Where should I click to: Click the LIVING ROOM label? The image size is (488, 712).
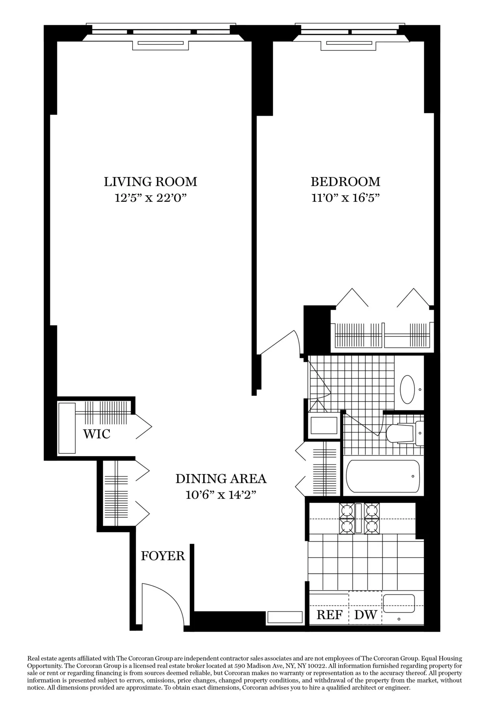click(150, 181)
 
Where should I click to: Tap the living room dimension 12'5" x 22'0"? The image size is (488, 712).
click(150, 198)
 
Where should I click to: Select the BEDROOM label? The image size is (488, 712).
click(345, 181)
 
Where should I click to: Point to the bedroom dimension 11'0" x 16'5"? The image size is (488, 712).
click(345, 198)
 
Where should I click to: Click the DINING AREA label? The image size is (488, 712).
click(221, 478)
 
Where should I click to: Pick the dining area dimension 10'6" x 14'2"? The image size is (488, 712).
click(221, 495)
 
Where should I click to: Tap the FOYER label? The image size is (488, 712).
click(163, 556)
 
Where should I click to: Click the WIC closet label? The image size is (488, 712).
click(97, 434)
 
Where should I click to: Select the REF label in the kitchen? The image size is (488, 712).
click(329, 615)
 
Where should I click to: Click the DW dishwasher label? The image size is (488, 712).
click(366, 615)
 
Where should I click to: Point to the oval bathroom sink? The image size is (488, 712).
click(407, 389)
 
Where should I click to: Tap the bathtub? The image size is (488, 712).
click(383, 476)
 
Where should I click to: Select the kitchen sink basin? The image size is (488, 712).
click(399, 603)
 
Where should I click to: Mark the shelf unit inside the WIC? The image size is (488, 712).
click(67, 428)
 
